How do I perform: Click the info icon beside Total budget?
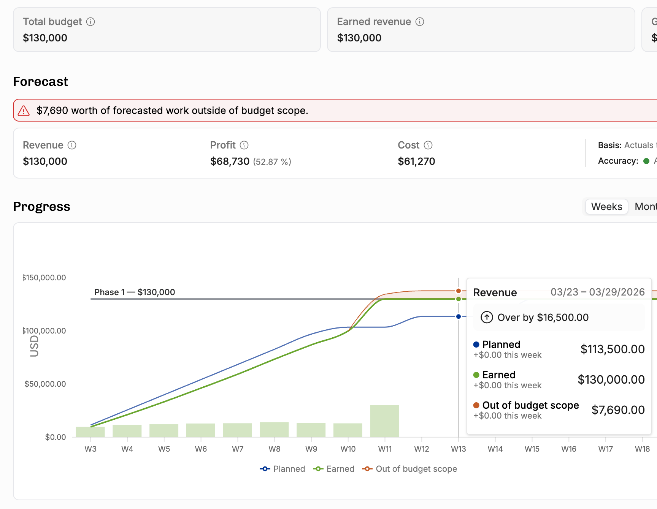coord(90,22)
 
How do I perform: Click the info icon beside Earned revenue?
coord(420,22)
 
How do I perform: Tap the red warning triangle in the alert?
coord(24,111)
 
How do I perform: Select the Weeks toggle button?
coord(606,207)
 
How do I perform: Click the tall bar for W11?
coord(385,421)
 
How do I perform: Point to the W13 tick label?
coord(459,449)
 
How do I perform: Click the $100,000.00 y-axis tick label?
coord(44,331)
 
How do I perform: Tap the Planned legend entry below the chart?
coord(282,469)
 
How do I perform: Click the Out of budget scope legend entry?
coord(409,469)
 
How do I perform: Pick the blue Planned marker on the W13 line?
coord(459,316)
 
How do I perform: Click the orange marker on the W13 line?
coord(459,291)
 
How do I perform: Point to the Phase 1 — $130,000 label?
coord(135,292)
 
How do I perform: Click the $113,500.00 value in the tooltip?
coord(613,349)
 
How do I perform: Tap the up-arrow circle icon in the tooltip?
coord(487,317)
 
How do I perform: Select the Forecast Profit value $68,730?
coord(230,161)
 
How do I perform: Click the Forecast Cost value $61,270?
coord(416,161)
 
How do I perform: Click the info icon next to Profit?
coord(244,145)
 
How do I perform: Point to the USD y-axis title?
coord(34,346)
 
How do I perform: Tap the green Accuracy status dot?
coord(646,161)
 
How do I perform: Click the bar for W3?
coord(90,432)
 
